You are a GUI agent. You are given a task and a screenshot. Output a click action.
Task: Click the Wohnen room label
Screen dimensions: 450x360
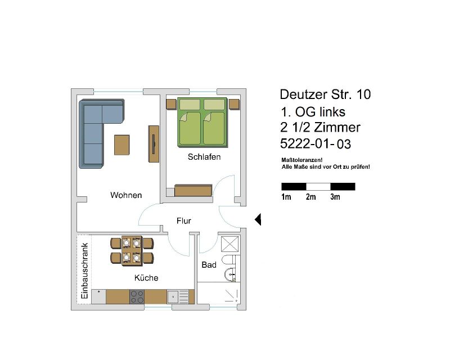pos(126,195)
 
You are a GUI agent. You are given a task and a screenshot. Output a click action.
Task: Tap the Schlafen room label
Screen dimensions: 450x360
pos(204,157)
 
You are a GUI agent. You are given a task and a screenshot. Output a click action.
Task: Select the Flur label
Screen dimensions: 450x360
pos(184,220)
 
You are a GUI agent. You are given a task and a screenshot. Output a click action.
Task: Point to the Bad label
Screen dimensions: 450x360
pos(209,265)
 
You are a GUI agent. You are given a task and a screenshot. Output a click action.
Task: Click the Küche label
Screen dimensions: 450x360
pos(146,278)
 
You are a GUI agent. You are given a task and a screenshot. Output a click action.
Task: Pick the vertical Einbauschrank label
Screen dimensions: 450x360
pos(84,271)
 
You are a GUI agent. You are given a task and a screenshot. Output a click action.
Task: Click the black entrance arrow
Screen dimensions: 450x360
pos(258,219)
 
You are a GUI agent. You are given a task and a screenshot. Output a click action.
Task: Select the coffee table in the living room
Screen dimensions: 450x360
pos(122,145)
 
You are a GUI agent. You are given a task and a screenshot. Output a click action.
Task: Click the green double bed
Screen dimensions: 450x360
pos(202,122)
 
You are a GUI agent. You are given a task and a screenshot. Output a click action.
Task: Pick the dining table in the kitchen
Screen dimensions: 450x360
pos(132,251)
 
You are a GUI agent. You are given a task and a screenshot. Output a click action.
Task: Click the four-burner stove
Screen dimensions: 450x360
pos(137,297)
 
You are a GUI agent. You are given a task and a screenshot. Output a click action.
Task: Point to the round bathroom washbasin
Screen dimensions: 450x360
pos(230,274)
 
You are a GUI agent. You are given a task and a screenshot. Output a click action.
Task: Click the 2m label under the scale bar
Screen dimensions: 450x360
pos(310,197)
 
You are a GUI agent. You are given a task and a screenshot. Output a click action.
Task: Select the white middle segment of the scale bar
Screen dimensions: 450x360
pos(318,187)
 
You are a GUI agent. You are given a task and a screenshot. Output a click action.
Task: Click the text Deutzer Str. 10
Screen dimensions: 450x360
pos(325,94)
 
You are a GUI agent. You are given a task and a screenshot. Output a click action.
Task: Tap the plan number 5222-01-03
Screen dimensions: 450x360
pos(316,143)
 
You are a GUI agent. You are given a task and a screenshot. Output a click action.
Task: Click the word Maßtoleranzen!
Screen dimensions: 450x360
pos(302,160)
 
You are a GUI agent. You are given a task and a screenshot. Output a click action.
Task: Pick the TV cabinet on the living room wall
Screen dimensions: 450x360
pos(154,144)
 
